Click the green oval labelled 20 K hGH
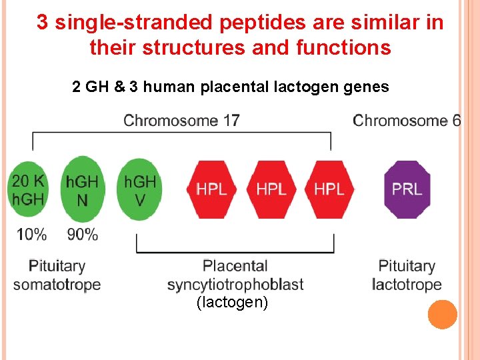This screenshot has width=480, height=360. pyautogui.click(x=29, y=189)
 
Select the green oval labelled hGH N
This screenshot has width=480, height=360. pyautogui.click(x=82, y=189)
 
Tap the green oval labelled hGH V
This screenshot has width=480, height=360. pyautogui.click(x=139, y=189)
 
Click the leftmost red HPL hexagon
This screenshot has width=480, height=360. pyautogui.click(x=211, y=189)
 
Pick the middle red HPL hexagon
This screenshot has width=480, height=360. pyautogui.click(x=271, y=189)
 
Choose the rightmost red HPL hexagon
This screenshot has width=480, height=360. pyautogui.click(x=329, y=189)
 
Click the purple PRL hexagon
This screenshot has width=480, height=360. pyautogui.click(x=407, y=189)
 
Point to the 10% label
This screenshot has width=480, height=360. pyautogui.click(x=31, y=235)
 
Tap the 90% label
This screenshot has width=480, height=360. pyautogui.click(x=83, y=235)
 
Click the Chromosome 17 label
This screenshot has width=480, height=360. pyautogui.click(x=181, y=121)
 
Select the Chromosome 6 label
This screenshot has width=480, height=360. pyautogui.click(x=407, y=121)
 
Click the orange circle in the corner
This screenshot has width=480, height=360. pyautogui.click(x=442, y=315)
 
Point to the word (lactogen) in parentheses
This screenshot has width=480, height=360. pyautogui.click(x=232, y=303)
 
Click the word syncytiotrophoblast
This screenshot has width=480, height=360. pyautogui.click(x=235, y=285)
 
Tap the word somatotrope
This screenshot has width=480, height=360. pyautogui.click(x=57, y=285)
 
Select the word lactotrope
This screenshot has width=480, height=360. pyautogui.click(x=407, y=285)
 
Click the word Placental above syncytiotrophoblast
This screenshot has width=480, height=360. pyautogui.click(x=235, y=267)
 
